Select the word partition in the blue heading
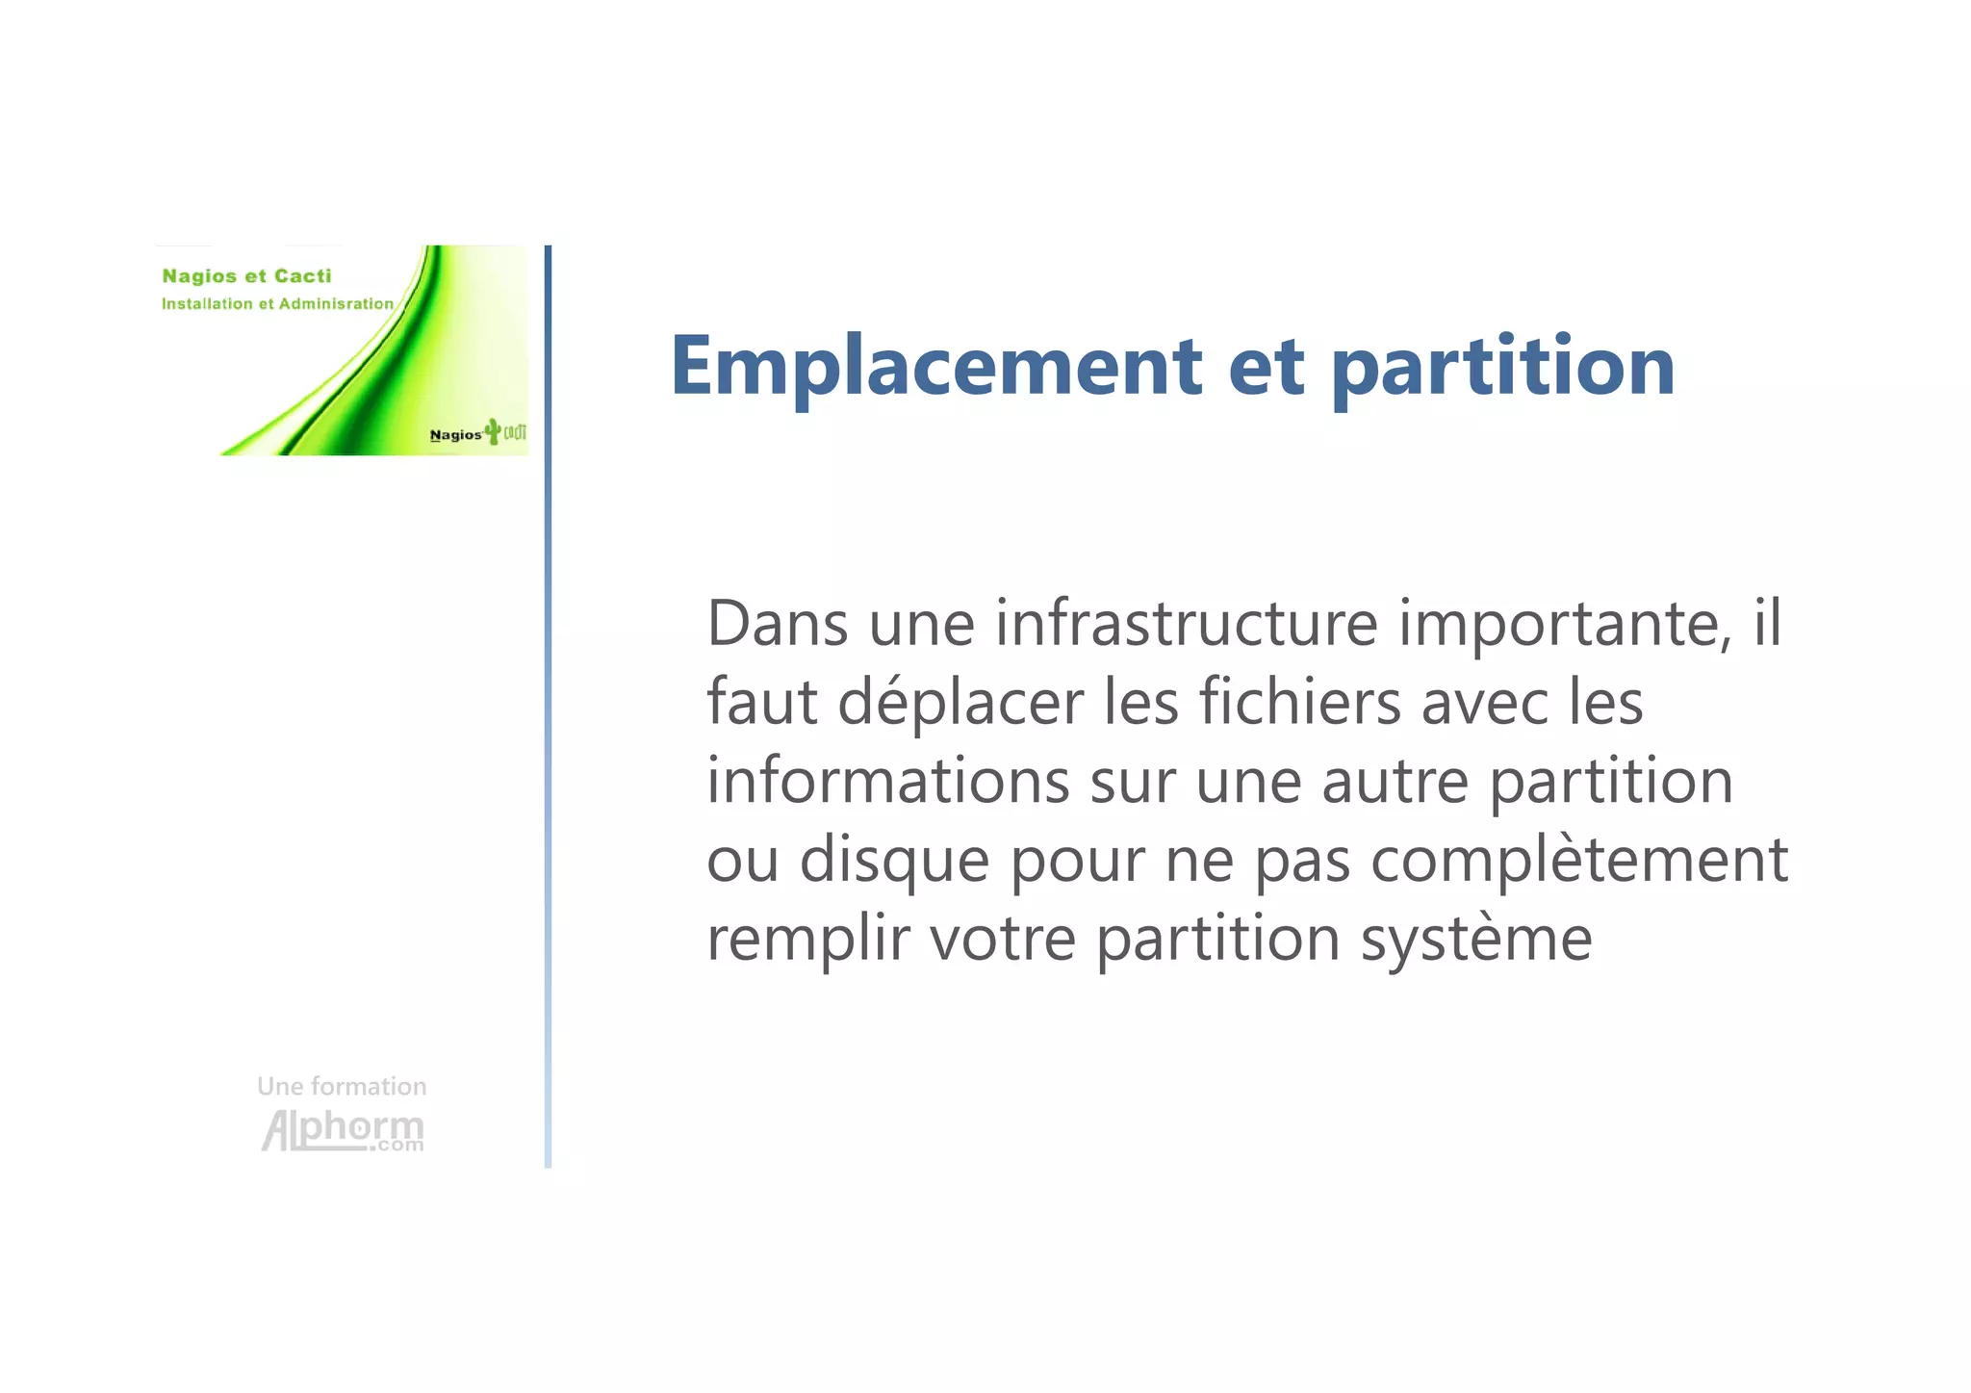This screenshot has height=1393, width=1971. point(1502,368)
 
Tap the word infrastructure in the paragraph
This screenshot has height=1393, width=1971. point(1187,624)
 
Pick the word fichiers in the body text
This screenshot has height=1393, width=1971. point(1300,702)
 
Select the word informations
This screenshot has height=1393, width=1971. point(887,781)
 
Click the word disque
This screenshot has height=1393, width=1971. point(894,860)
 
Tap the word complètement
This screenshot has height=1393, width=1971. point(1578,860)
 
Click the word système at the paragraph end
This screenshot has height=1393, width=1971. point(1475,940)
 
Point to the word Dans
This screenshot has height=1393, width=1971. point(778,624)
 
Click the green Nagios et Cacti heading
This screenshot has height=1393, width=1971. point(246,276)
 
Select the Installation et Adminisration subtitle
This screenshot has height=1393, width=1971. point(277,304)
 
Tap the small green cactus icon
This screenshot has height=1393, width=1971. point(494,431)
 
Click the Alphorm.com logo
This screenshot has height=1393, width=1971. point(343,1130)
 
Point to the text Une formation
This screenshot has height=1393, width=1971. point(342,1087)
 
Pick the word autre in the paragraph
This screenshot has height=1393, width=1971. point(1395,782)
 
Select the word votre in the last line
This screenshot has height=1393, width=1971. point(1002,940)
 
